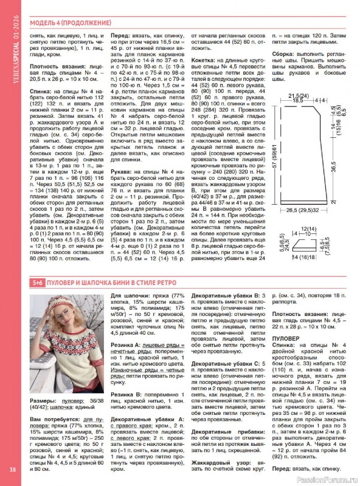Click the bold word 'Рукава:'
pyautogui.click(x=122, y=173)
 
